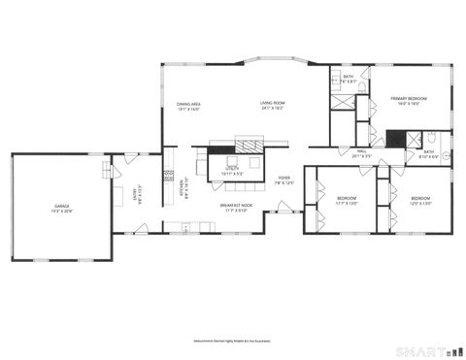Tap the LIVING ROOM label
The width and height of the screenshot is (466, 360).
(272, 103)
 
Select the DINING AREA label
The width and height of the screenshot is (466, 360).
(188, 103)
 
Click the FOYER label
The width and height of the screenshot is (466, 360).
(284, 178)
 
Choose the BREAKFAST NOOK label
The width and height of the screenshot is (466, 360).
(235, 205)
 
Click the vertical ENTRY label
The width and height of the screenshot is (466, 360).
(136, 196)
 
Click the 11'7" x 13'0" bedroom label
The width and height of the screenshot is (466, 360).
(347, 198)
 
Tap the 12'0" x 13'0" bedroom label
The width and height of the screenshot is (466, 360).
(420, 198)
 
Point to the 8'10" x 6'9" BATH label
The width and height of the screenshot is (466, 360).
(428, 151)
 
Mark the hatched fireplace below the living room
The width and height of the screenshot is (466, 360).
(249, 144)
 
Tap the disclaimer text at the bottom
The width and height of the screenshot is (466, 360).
(232, 341)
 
